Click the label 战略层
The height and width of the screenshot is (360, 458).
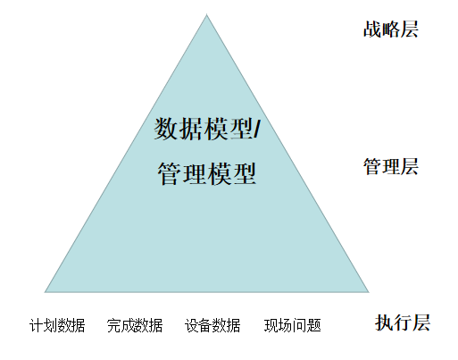coord(391,29)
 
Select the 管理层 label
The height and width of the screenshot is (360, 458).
coord(391,166)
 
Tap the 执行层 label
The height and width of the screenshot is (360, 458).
coord(403,322)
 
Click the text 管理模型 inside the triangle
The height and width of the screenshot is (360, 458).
coord(207,174)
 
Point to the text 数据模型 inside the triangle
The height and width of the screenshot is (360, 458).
coord(204,129)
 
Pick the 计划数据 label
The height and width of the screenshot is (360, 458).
coord(57,325)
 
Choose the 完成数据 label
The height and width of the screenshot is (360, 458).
coord(135,325)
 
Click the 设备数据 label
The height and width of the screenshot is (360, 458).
coord(212,325)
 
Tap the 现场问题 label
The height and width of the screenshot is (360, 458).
coord(293,325)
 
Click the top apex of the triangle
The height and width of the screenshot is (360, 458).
coord(206,14)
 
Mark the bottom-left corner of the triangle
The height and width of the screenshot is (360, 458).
coord(45,292)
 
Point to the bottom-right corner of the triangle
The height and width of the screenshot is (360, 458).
coord(369,292)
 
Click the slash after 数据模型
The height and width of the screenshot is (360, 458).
coord(257,129)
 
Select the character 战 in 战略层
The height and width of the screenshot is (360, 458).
coord(372,29)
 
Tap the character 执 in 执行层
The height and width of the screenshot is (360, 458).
coord(384,322)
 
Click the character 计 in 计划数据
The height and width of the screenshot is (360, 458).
coord(37,325)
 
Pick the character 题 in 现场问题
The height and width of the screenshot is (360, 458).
coord(314,325)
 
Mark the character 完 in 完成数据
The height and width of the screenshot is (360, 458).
coord(114,325)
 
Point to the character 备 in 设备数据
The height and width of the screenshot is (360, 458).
coord(205,325)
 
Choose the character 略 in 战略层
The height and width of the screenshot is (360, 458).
coord(391,29)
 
